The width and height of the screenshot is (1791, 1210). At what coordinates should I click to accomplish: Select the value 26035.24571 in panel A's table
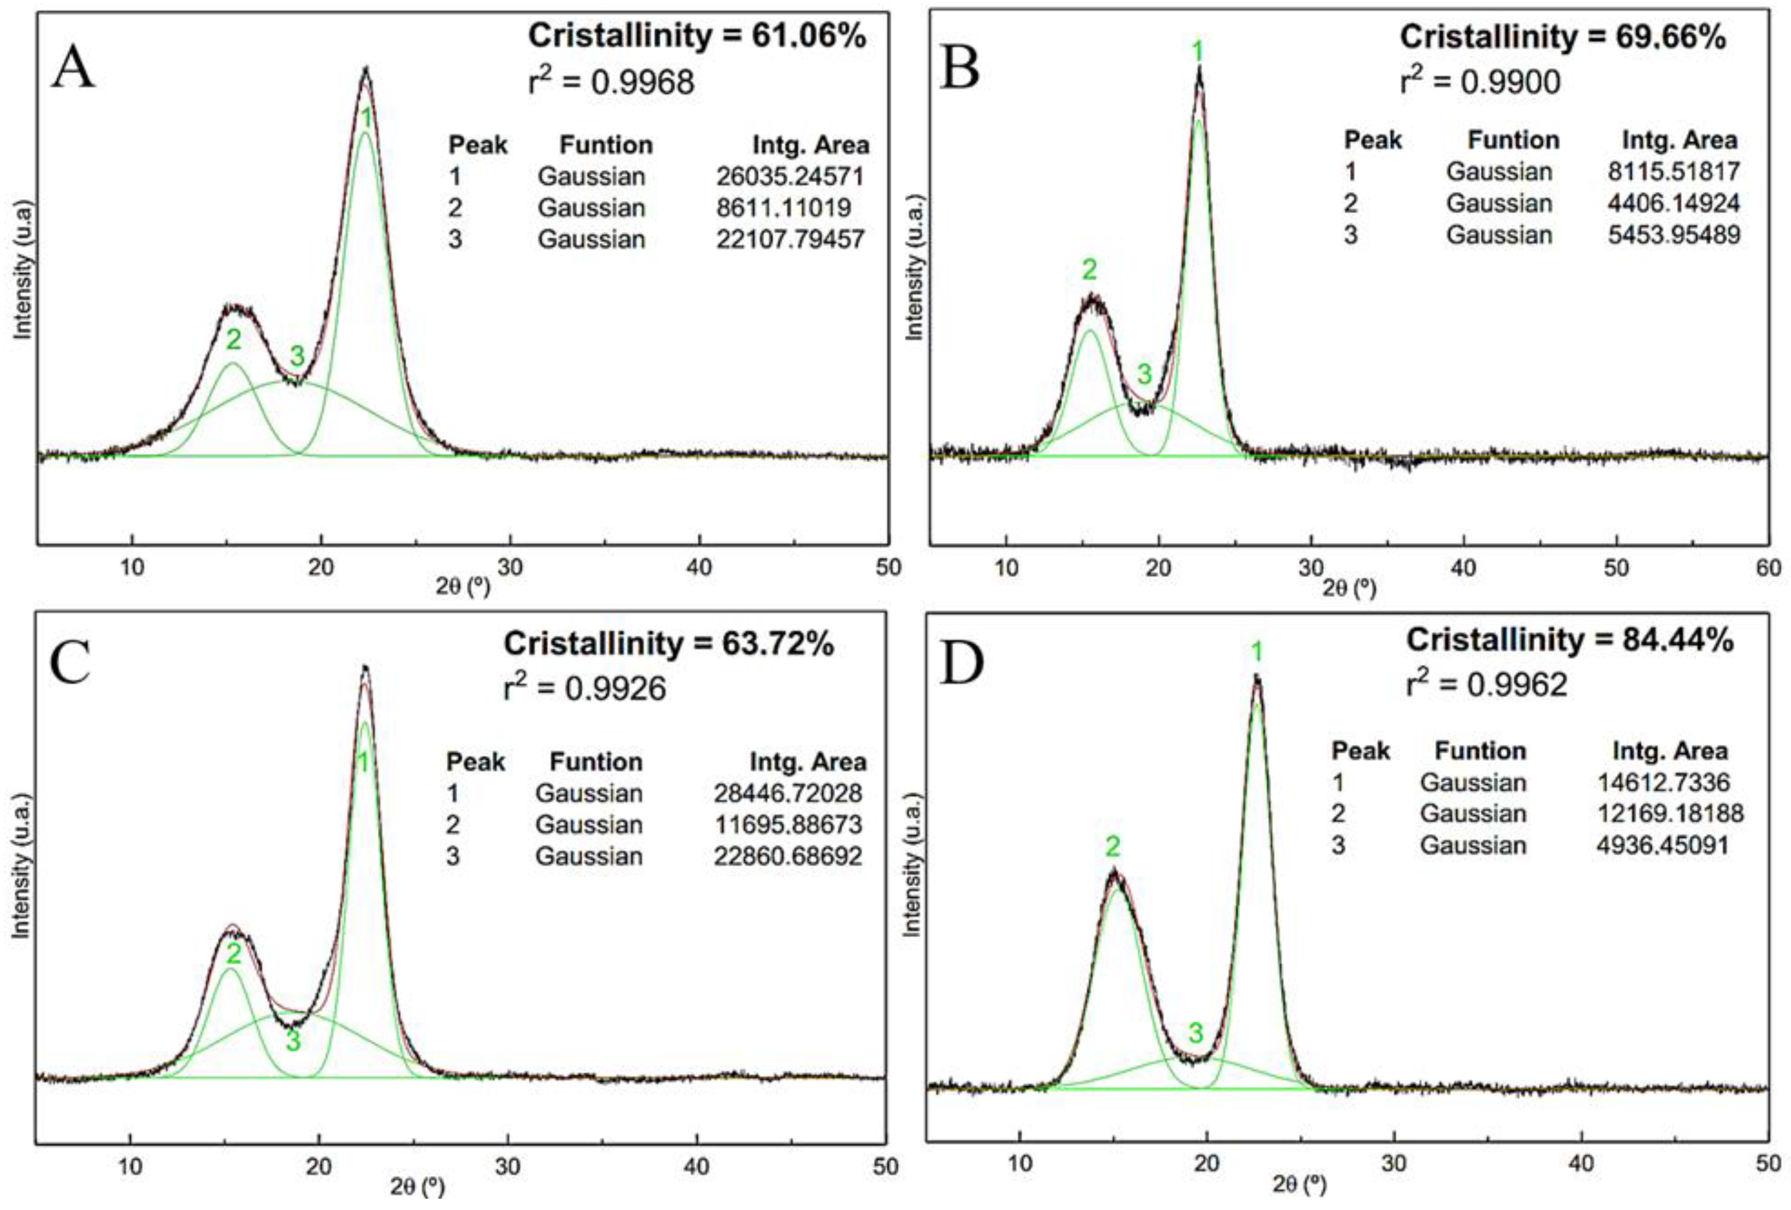tap(790, 177)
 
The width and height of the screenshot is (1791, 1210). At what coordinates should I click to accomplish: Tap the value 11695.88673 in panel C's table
tap(787, 825)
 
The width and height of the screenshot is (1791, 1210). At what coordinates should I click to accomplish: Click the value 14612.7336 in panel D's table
tap(1663, 782)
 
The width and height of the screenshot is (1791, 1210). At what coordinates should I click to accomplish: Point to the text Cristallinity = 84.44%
tap(1569, 640)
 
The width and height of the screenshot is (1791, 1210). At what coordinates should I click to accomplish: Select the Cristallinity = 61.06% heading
tap(697, 36)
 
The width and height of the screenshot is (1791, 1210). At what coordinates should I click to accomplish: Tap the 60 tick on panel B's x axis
tap(1768, 568)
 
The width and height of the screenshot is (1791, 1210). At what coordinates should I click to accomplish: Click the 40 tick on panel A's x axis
tap(699, 567)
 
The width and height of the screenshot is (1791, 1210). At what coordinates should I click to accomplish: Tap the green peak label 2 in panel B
tap(1089, 270)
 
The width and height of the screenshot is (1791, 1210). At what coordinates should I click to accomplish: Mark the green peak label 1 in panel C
tap(363, 763)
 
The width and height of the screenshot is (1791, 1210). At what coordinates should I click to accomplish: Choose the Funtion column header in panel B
tap(1513, 141)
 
